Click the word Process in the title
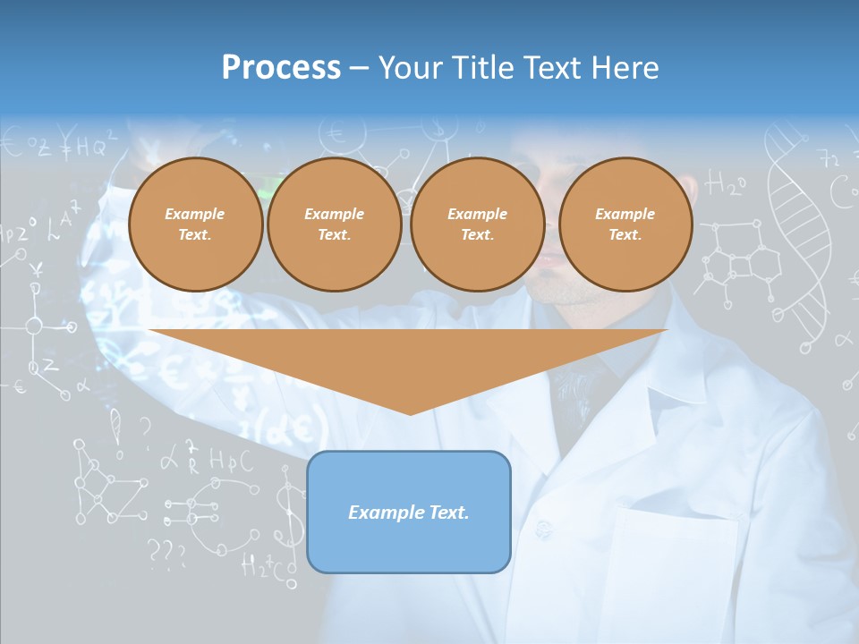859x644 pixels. pyautogui.click(x=281, y=68)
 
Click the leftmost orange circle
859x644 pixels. pyautogui.click(x=195, y=225)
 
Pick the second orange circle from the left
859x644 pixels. pyautogui.click(x=334, y=225)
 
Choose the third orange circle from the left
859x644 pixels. pyautogui.click(x=477, y=225)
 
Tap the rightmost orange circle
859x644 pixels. pyautogui.click(x=625, y=225)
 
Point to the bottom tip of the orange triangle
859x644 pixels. pyautogui.click(x=410, y=413)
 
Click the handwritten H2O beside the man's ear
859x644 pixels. pyautogui.click(x=726, y=185)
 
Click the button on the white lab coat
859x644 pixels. pyautogui.click(x=542, y=530)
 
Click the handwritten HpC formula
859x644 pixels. pyautogui.click(x=231, y=461)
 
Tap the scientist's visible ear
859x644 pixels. pyautogui.click(x=686, y=190)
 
